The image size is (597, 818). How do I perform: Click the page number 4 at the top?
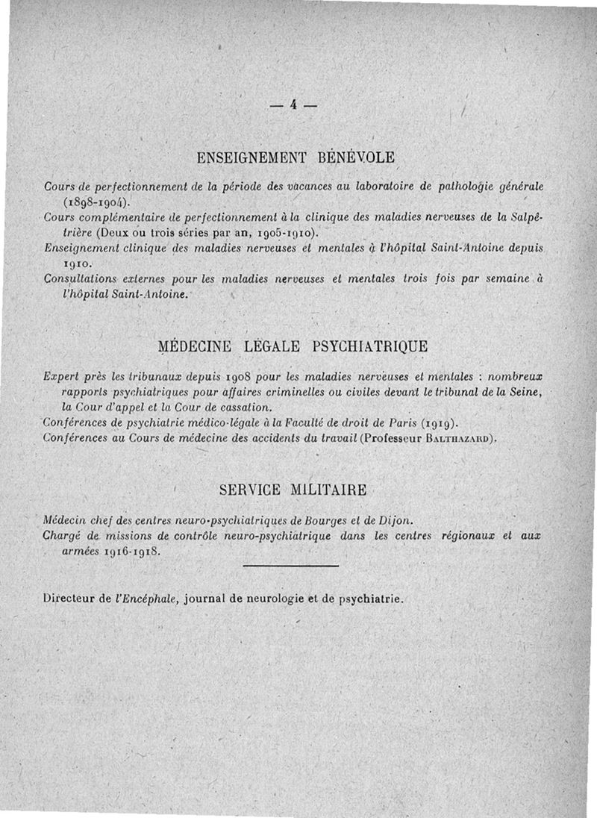click(x=295, y=105)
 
